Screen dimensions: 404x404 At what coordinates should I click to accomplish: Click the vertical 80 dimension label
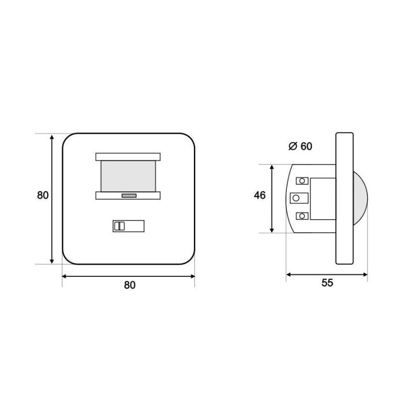pyautogui.click(x=43, y=195)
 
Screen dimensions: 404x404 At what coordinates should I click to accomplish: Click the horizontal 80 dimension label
pyautogui.click(x=130, y=285)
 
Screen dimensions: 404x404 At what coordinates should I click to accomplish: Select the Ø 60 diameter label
pyautogui.click(x=300, y=146)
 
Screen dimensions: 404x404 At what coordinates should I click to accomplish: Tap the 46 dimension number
pyautogui.click(x=260, y=195)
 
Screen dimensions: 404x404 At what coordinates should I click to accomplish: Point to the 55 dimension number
pyautogui.click(x=327, y=283)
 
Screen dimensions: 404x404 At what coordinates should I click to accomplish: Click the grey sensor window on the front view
pyautogui.click(x=128, y=176)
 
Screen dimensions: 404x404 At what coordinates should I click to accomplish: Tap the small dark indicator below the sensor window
pyautogui.click(x=129, y=196)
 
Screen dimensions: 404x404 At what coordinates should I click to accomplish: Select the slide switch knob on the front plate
pyautogui.click(x=119, y=226)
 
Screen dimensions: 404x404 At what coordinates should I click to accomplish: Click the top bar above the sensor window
pyautogui.click(x=128, y=157)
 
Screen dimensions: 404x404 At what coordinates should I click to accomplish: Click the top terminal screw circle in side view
pyautogui.click(x=302, y=181)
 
